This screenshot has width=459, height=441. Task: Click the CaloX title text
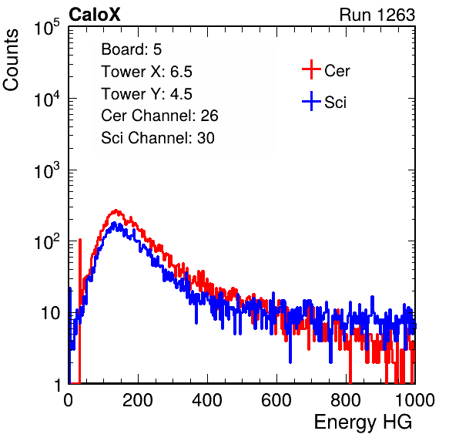pyautogui.click(x=95, y=15)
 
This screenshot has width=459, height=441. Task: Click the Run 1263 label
pyautogui.click(x=377, y=15)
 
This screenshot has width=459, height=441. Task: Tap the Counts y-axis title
pyautogui.click(x=11, y=60)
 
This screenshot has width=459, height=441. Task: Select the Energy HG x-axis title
pyautogui.click(x=363, y=422)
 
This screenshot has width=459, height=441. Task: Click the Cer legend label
pyautogui.click(x=337, y=71)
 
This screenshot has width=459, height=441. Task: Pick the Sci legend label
pyautogui.click(x=336, y=103)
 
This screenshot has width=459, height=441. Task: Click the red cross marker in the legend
pyautogui.click(x=311, y=69)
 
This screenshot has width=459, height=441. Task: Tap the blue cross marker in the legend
pyautogui.click(x=311, y=102)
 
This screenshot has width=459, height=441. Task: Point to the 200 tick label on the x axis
pyautogui.click(x=138, y=399)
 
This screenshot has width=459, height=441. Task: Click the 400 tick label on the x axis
pyautogui.click(x=207, y=399)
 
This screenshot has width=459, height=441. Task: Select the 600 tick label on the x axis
pyautogui.click(x=276, y=399)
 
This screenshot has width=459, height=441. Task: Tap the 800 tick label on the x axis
pyautogui.click(x=346, y=399)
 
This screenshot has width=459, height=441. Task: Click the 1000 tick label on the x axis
pyautogui.click(x=415, y=399)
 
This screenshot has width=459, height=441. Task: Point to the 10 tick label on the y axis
pyautogui.click(x=50, y=313)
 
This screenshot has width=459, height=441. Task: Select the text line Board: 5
pyautogui.click(x=132, y=49)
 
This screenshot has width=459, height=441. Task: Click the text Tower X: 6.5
pyautogui.click(x=146, y=72)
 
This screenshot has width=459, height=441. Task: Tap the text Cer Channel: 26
pyautogui.click(x=159, y=116)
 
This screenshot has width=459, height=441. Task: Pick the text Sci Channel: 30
pyautogui.click(x=158, y=138)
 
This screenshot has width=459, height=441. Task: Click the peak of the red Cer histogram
pyautogui.click(x=116, y=210)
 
